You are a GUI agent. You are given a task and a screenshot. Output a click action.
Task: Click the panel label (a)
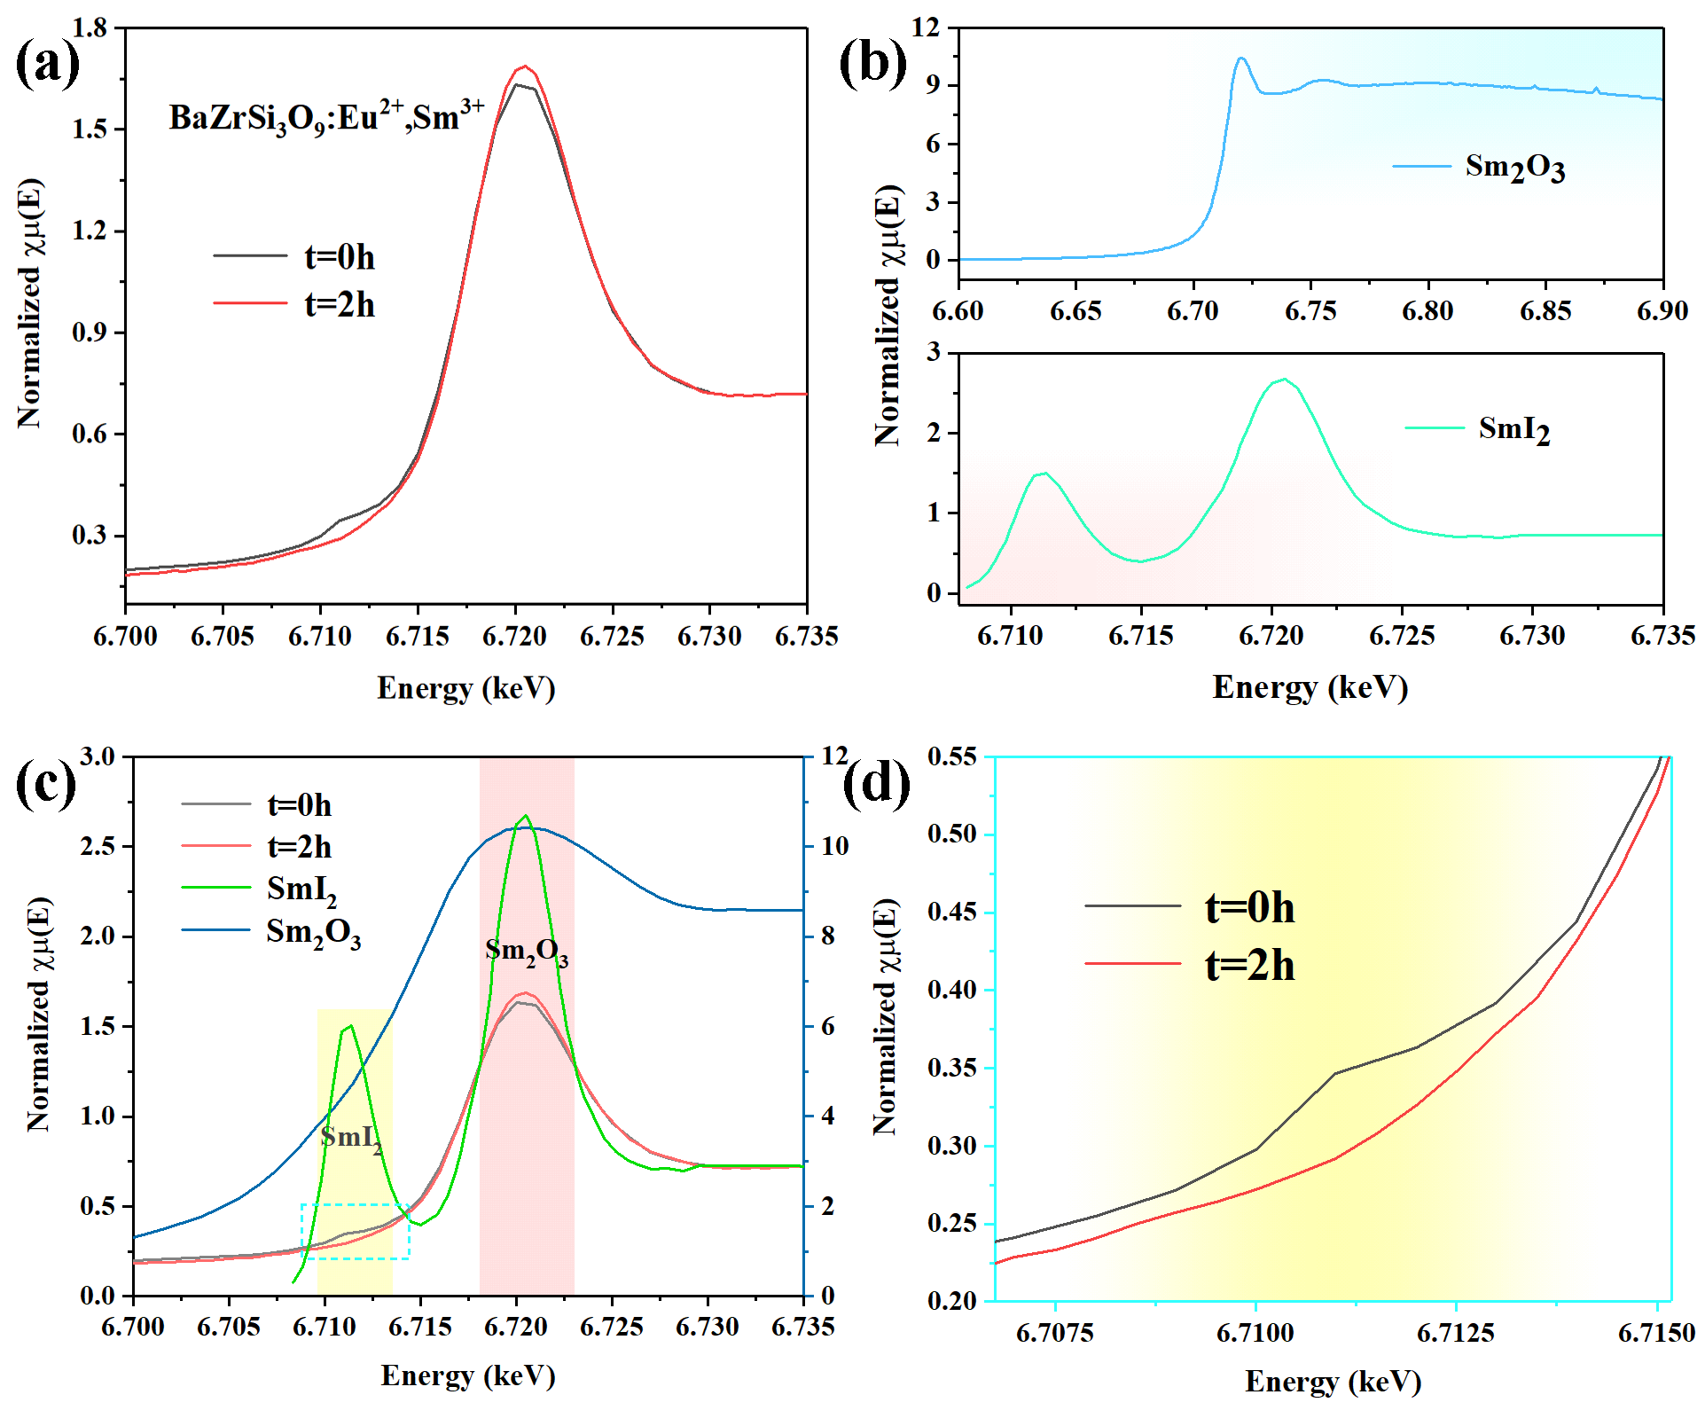pyautogui.click(x=48, y=64)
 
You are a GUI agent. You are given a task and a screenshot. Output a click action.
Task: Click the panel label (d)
pyautogui.click(x=876, y=784)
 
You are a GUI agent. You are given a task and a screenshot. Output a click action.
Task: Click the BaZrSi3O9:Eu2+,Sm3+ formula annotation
pyautogui.click(x=326, y=117)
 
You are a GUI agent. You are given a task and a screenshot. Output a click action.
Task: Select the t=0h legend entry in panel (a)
pyautogui.click(x=294, y=257)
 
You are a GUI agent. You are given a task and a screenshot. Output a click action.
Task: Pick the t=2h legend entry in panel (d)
pyautogui.click(x=1189, y=965)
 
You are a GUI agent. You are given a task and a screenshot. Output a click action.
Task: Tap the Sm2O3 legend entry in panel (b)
pyautogui.click(x=1479, y=167)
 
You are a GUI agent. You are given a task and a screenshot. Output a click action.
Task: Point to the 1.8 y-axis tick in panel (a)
pyautogui.click(x=89, y=27)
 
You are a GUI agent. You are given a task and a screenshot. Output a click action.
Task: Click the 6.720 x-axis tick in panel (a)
pyautogui.click(x=515, y=636)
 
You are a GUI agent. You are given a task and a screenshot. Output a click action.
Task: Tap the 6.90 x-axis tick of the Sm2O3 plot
pyautogui.click(x=1662, y=310)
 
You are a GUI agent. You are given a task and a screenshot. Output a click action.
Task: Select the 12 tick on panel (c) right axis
pyautogui.click(x=833, y=756)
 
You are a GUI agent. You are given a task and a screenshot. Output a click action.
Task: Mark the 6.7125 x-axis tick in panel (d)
pyautogui.click(x=1456, y=1333)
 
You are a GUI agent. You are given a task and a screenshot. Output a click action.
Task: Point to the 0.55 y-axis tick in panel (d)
pyautogui.click(x=952, y=756)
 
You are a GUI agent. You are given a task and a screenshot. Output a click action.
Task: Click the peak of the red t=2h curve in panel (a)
pyautogui.click(x=524, y=66)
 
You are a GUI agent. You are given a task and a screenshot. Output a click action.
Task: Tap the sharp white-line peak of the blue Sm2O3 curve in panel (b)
pyautogui.click(x=1241, y=59)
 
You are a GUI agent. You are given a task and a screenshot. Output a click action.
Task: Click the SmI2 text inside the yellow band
pyautogui.click(x=352, y=1140)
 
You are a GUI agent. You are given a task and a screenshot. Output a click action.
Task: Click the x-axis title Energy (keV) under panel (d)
pyautogui.click(x=1333, y=1382)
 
